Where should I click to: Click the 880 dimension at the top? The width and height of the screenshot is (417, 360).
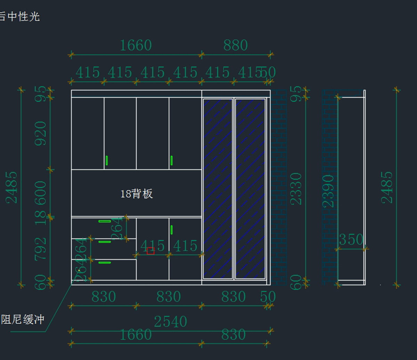coord(235,46)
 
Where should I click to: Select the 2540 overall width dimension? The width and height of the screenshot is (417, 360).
coord(170,322)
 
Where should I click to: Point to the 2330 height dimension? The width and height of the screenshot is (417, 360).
coord(296,189)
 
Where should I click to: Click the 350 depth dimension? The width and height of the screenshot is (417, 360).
coord(351,240)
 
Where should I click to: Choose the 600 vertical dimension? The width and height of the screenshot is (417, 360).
coord(40,194)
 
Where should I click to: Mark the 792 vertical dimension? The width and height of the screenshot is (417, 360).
coord(40,249)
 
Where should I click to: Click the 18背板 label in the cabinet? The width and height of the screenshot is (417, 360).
coord(137,194)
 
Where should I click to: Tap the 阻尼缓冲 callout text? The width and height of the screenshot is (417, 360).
coord(23,319)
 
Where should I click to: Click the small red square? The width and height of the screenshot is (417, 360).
coord(150,251)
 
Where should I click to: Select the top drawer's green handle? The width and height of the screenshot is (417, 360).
coord(105,221)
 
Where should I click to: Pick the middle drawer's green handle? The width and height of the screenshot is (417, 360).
coord(105,242)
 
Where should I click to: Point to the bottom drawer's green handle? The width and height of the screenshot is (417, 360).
coord(105,262)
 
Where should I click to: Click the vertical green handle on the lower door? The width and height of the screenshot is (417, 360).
coord(172,230)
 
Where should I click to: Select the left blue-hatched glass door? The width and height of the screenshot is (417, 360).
coord(218,189)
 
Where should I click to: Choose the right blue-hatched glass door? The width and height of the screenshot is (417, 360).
coord(250,189)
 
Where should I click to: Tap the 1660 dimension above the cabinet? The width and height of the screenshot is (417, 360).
coord(136,46)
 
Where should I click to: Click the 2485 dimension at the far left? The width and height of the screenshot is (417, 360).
coord(12,187)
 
